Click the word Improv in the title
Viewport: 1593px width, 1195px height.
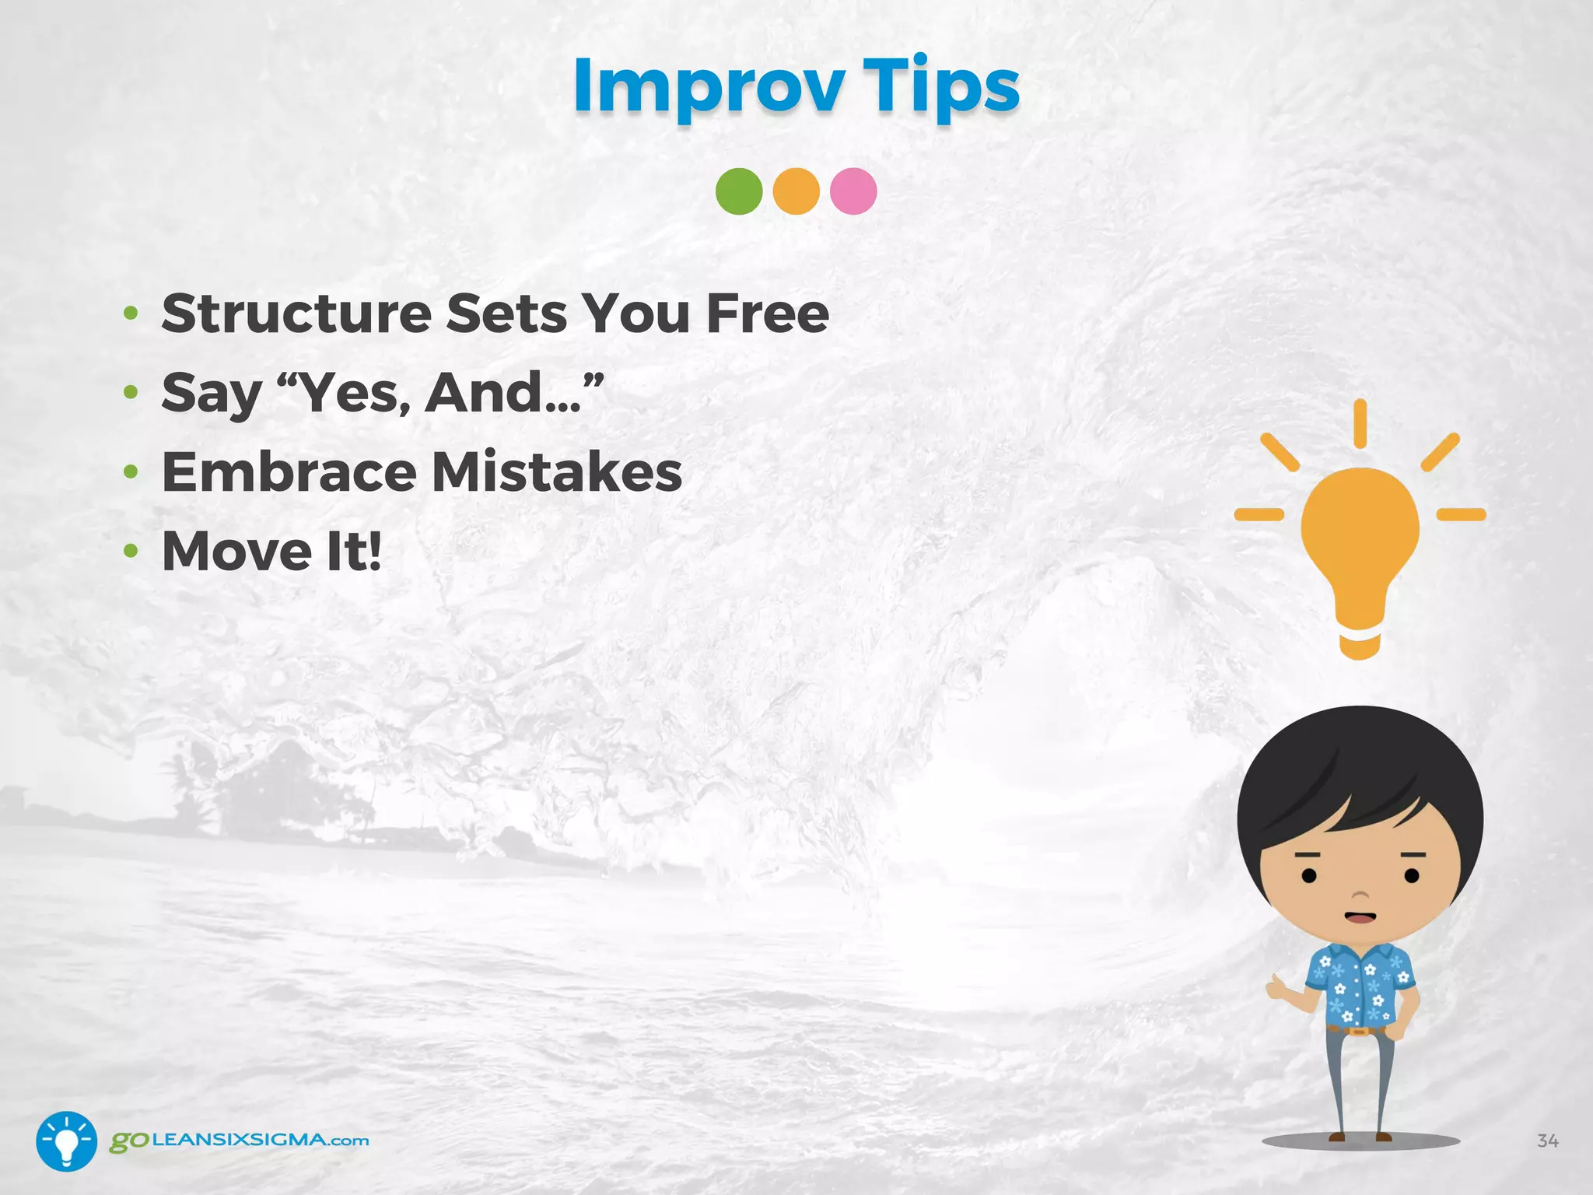pos(709,87)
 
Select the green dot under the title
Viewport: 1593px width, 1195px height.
pos(739,191)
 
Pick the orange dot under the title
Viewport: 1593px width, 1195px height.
pos(796,191)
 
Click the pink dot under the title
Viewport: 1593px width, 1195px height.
pos(853,191)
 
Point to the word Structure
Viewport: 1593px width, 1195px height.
pos(296,314)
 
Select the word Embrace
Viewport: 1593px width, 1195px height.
pos(289,472)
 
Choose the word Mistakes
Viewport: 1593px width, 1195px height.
pos(557,472)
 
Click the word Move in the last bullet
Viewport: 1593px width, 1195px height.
pos(236,552)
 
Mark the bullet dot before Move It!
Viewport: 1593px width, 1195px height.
pos(131,552)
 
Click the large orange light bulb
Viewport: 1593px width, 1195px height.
pos(1360,545)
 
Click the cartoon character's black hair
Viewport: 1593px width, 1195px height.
pos(1360,770)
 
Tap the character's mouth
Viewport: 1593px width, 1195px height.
pos(1360,916)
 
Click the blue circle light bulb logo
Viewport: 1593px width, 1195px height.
pos(67,1141)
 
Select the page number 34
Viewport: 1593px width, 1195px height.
pos(1547,1141)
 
